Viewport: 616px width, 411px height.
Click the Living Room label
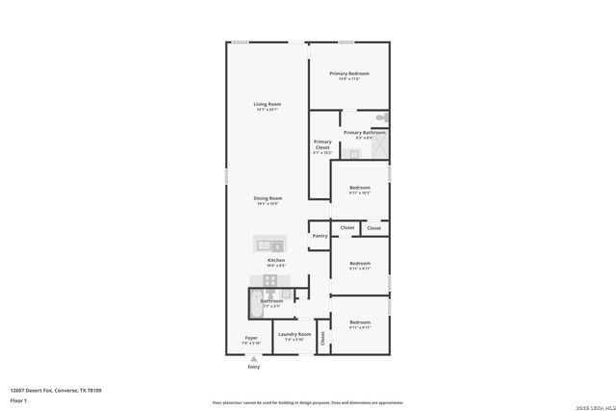[267, 104]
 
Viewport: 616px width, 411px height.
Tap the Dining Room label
[268, 197]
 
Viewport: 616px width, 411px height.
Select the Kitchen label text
[276, 260]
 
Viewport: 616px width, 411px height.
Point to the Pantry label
[320, 236]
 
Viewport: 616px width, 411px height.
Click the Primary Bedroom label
[348, 73]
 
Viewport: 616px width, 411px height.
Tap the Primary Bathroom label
[365, 133]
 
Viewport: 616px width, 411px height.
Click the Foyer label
[251, 337]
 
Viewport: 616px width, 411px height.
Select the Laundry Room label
[295, 334]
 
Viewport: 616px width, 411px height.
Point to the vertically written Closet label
[322, 338]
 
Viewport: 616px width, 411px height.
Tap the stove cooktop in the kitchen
[270, 281]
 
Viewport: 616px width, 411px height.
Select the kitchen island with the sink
[269, 244]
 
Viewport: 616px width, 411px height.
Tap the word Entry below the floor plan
[253, 367]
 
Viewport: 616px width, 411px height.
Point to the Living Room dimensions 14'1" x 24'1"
[267, 109]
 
